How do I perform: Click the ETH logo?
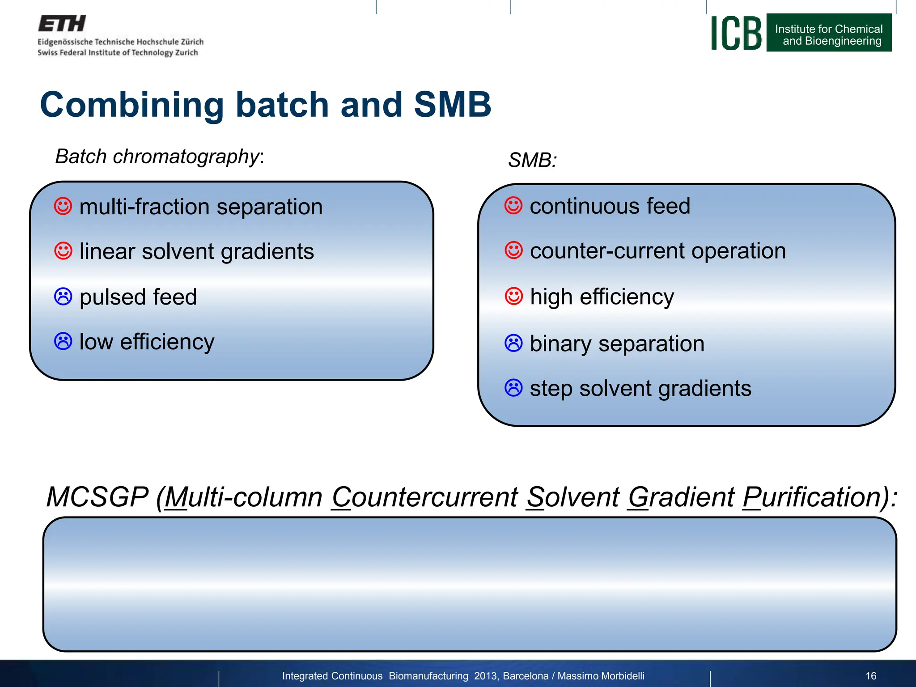pyautogui.click(x=62, y=24)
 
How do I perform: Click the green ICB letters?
pyautogui.click(x=736, y=34)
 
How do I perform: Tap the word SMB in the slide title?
pyautogui.click(x=452, y=105)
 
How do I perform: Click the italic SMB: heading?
pyautogui.click(x=532, y=160)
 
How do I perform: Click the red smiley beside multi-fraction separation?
pyautogui.click(x=63, y=207)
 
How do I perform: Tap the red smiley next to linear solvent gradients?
pyautogui.click(x=63, y=251)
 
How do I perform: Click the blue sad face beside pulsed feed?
pyautogui.click(x=63, y=297)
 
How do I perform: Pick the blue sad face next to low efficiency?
pyautogui.click(x=63, y=341)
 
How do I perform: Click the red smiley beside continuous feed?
pyautogui.click(x=513, y=206)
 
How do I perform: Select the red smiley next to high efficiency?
pyautogui.click(x=513, y=296)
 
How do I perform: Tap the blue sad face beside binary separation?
pyautogui.click(x=513, y=343)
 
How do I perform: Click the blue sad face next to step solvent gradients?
pyautogui.click(x=513, y=388)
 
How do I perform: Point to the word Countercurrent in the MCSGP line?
pyautogui.click(x=424, y=497)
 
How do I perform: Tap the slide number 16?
pyautogui.click(x=871, y=676)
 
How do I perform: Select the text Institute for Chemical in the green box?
pyautogui.click(x=829, y=29)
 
